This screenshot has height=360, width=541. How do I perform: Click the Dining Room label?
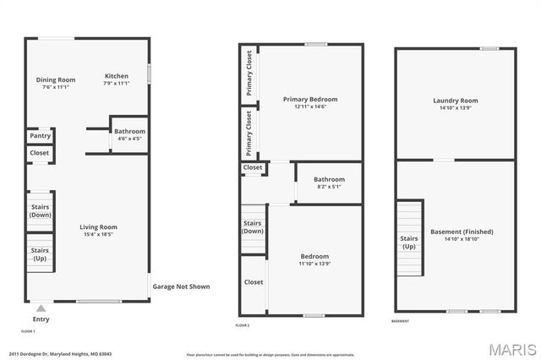click(x=56, y=80)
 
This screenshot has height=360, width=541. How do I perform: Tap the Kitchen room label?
click(x=116, y=75)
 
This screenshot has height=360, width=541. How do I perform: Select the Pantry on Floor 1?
click(x=40, y=136)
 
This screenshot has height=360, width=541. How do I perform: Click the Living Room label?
click(x=98, y=226)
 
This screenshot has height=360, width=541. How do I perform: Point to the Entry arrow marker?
click(x=41, y=308)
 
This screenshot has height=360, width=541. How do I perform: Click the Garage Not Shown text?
click(x=181, y=286)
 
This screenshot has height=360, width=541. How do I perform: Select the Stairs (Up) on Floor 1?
click(x=40, y=254)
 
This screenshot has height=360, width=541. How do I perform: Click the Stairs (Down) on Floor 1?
click(x=40, y=210)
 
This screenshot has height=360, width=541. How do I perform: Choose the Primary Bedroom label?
click(x=310, y=100)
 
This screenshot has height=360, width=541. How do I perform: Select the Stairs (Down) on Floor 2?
click(x=253, y=227)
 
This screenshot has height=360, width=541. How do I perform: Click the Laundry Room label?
click(x=456, y=101)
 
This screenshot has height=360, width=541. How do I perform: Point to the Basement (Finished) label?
click(x=462, y=232)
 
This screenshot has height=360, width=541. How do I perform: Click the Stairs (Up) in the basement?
click(x=408, y=242)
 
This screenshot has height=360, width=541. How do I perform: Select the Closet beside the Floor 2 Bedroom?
click(x=254, y=282)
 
